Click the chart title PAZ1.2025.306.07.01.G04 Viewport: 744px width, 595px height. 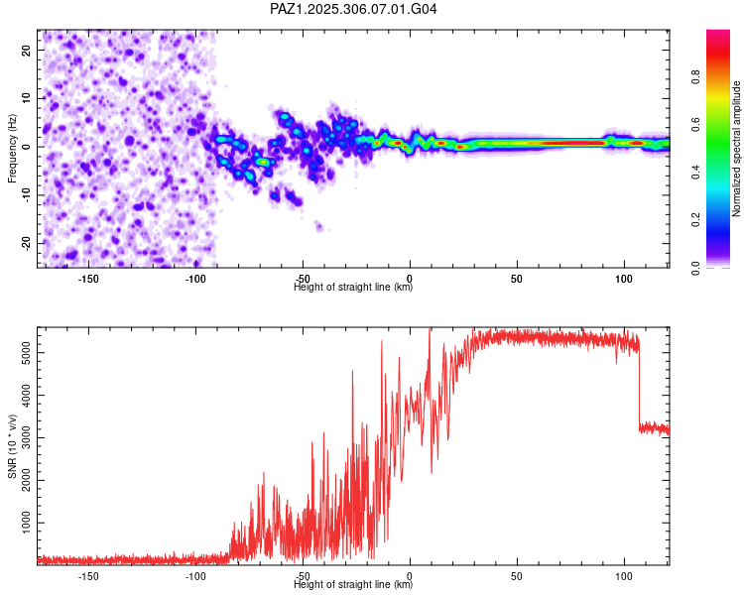point(354,9)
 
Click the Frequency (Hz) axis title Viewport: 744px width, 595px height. point(12,148)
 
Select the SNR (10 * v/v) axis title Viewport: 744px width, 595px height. point(12,445)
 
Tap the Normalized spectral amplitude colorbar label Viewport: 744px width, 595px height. point(737,149)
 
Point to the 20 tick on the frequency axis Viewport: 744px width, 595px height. point(26,49)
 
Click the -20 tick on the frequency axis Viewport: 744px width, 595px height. point(24,243)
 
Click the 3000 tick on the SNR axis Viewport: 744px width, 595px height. point(21,436)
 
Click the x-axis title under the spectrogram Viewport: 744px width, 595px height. point(353,289)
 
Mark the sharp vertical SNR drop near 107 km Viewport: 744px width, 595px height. point(639,387)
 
